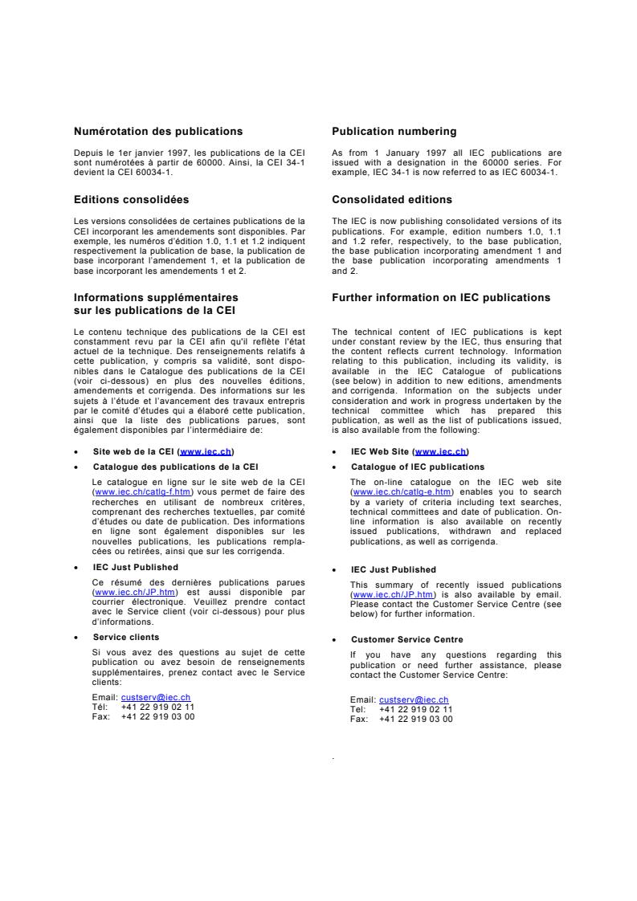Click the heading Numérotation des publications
[x=157, y=132]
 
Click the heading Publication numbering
[x=394, y=132]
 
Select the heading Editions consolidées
[x=131, y=199]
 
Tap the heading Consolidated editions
[x=392, y=199]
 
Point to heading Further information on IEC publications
[x=441, y=298]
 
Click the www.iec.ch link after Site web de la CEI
[x=207, y=452]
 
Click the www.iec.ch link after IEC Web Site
[x=440, y=452]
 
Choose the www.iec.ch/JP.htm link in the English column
[x=381, y=594]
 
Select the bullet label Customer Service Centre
[x=406, y=639]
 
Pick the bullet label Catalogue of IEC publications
[x=418, y=467]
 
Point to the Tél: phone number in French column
[x=157, y=707]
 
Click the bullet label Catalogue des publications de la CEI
[x=175, y=467]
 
